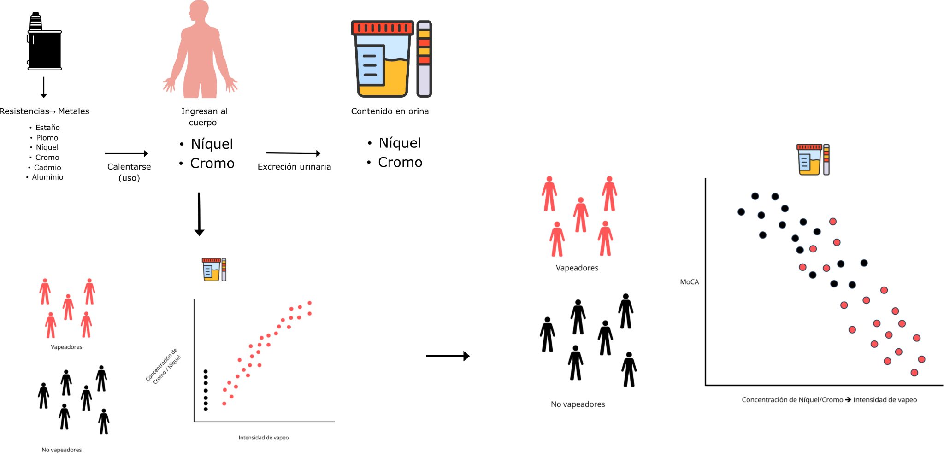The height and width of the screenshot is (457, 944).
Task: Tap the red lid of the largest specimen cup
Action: pos(382,28)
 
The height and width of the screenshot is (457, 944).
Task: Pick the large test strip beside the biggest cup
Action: pos(424,59)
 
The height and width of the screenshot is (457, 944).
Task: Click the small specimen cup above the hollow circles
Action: pos(809,160)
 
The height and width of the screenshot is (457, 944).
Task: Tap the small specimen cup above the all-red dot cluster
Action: pos(211,270)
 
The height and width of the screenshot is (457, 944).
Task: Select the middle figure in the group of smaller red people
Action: pos(68,307)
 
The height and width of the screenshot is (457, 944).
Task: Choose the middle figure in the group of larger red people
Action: pos(581,215)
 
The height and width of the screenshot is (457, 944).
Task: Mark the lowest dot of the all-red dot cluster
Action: pos(224,404)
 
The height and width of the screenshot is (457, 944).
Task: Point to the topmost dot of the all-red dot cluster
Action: pos(310,303)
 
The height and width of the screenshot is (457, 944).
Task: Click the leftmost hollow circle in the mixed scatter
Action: pos(741,212)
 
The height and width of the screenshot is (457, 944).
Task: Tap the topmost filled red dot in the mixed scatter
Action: pos(833,222)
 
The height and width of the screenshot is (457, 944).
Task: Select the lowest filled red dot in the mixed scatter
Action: pos(914,373)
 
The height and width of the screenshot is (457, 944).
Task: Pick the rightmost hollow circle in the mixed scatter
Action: pos(864,263)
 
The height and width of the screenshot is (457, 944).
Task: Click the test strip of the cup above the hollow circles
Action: pos(826,160)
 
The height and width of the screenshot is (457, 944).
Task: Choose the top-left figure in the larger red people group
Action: pos(549,193)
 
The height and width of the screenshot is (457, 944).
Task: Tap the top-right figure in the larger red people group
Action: pos(609,193)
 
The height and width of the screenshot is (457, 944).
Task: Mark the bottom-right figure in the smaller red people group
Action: pos(86,325)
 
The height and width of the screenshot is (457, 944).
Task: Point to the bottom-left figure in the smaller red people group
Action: pos(51,325)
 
